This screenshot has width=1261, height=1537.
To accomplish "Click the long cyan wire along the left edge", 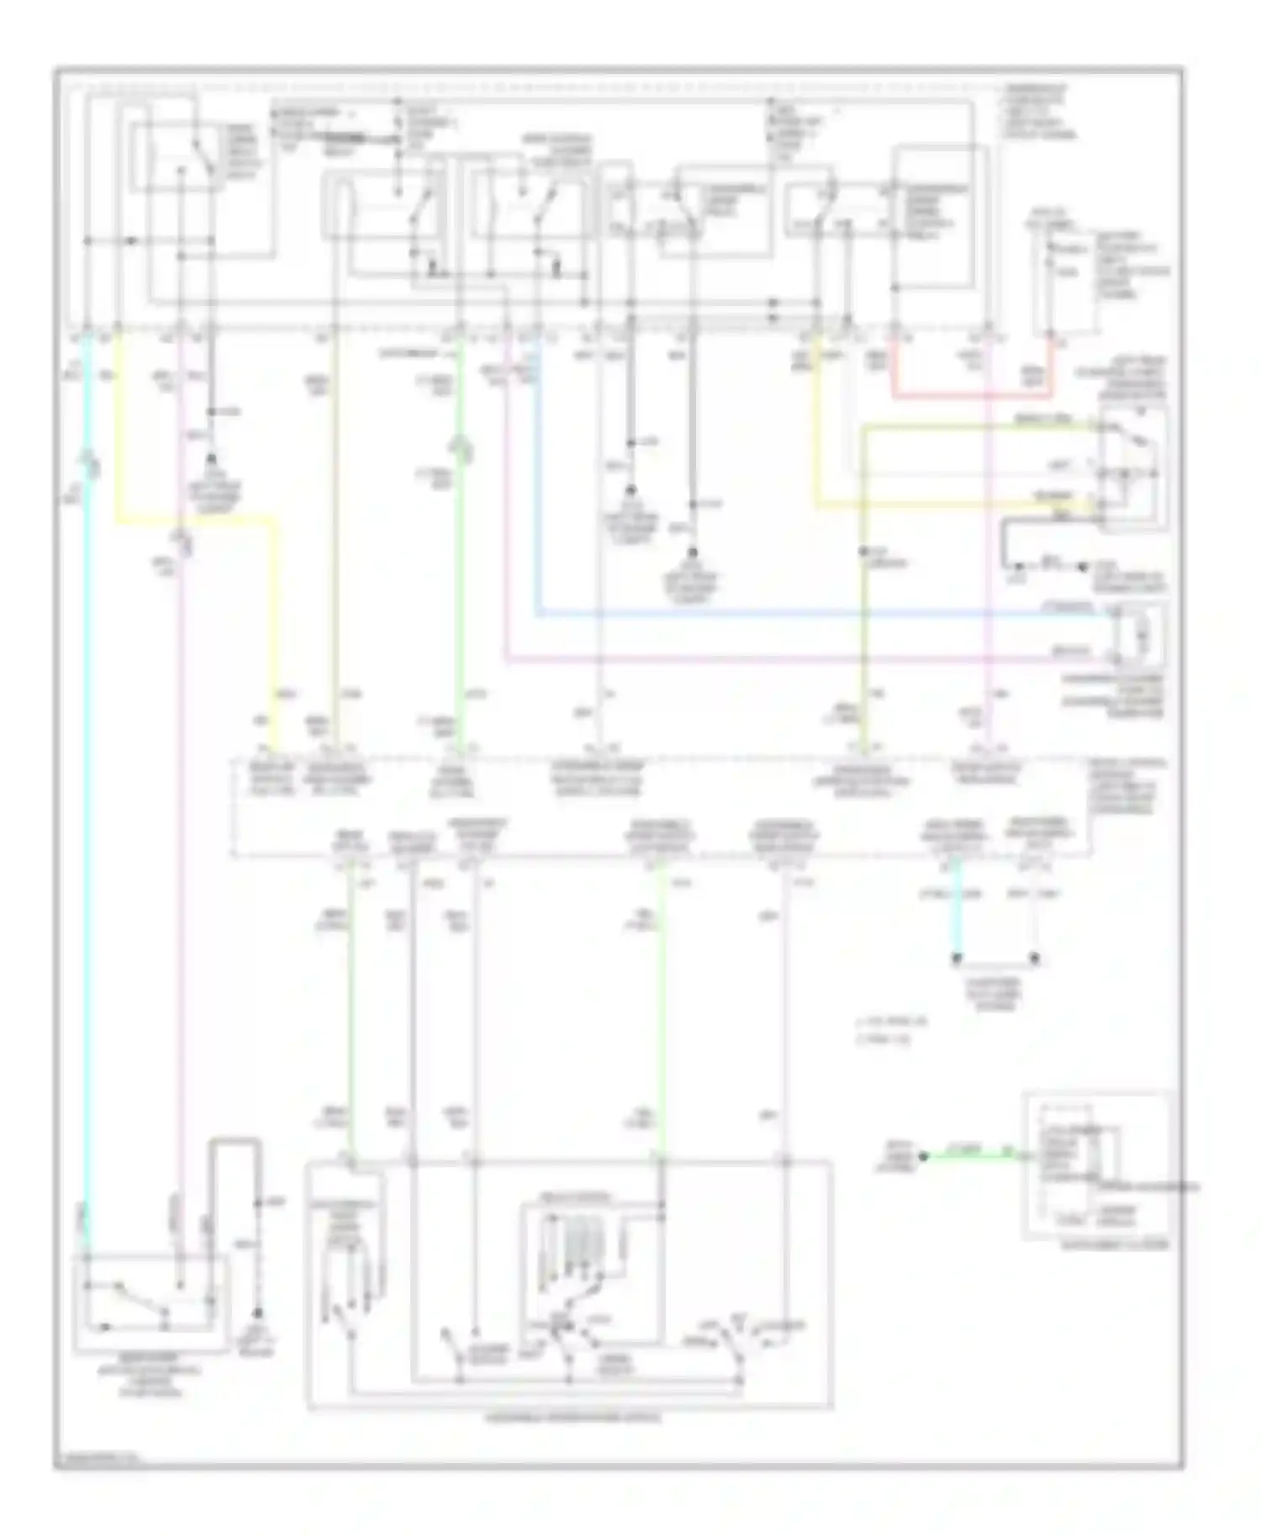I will (87, 799).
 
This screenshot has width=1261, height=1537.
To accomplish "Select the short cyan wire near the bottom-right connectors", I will (956, 925).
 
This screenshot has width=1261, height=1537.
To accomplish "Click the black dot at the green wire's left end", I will (922, 1157).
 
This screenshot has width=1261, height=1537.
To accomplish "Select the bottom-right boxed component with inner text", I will (1095, 1165).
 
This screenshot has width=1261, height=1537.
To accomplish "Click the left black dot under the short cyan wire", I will (956, 959).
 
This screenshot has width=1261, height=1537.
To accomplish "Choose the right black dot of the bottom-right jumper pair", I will (1035, 959).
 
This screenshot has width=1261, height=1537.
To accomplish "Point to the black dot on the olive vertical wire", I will (863, 552).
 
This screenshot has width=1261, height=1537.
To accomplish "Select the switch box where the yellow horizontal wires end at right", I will (1132, 467).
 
